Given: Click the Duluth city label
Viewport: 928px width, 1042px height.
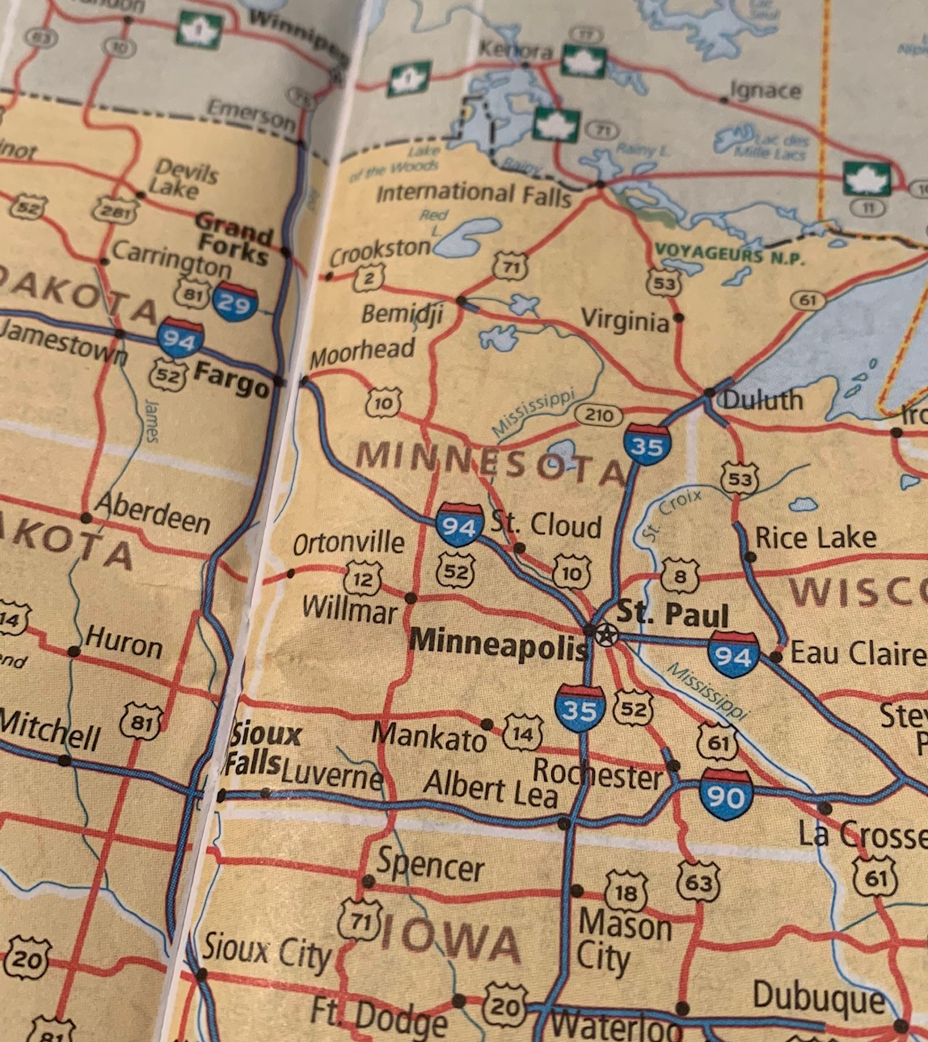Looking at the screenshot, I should [x=762, y=400].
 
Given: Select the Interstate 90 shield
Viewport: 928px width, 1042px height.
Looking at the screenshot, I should [x=725, y=795].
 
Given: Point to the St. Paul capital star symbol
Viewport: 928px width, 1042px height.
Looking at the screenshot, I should [x=605, y=635].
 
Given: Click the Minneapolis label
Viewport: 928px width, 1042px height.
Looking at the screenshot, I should [x=498, y=643].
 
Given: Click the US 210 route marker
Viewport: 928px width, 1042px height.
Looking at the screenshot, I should [x=599, y=416].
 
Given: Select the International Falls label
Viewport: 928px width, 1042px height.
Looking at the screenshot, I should [x=474, y=194].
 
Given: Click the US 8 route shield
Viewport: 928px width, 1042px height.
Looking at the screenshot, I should [x=680, y=576].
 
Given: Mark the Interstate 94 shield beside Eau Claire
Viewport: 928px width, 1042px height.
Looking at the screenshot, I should [x=733, y=654].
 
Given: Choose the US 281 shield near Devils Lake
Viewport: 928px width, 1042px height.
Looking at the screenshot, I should [x=115, y=210].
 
